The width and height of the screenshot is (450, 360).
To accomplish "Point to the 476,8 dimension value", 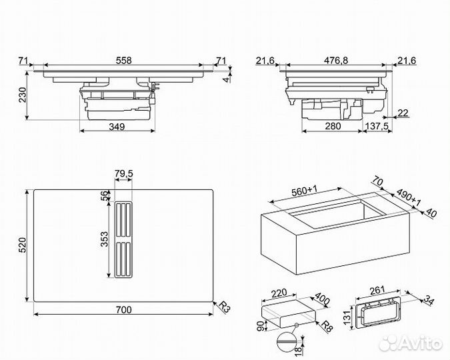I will click(335, 60).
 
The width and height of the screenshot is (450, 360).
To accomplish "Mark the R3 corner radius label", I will click(225, 307).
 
